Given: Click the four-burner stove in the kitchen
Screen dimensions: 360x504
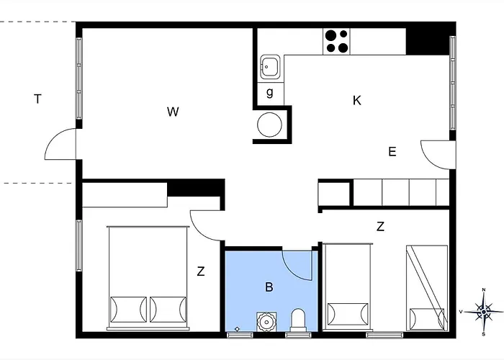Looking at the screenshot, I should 336,40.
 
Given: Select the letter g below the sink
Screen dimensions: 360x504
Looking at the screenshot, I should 270,92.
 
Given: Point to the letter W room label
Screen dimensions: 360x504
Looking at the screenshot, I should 173,112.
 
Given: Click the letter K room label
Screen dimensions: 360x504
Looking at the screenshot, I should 356,101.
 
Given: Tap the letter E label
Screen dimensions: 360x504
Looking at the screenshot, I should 392,151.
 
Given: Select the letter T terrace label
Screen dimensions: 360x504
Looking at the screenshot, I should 37,99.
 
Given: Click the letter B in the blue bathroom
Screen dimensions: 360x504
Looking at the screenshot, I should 269,287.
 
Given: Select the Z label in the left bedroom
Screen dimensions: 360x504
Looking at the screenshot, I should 201,271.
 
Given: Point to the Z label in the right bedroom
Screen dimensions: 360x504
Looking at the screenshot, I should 380,227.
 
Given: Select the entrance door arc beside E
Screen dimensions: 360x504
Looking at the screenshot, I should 436,153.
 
